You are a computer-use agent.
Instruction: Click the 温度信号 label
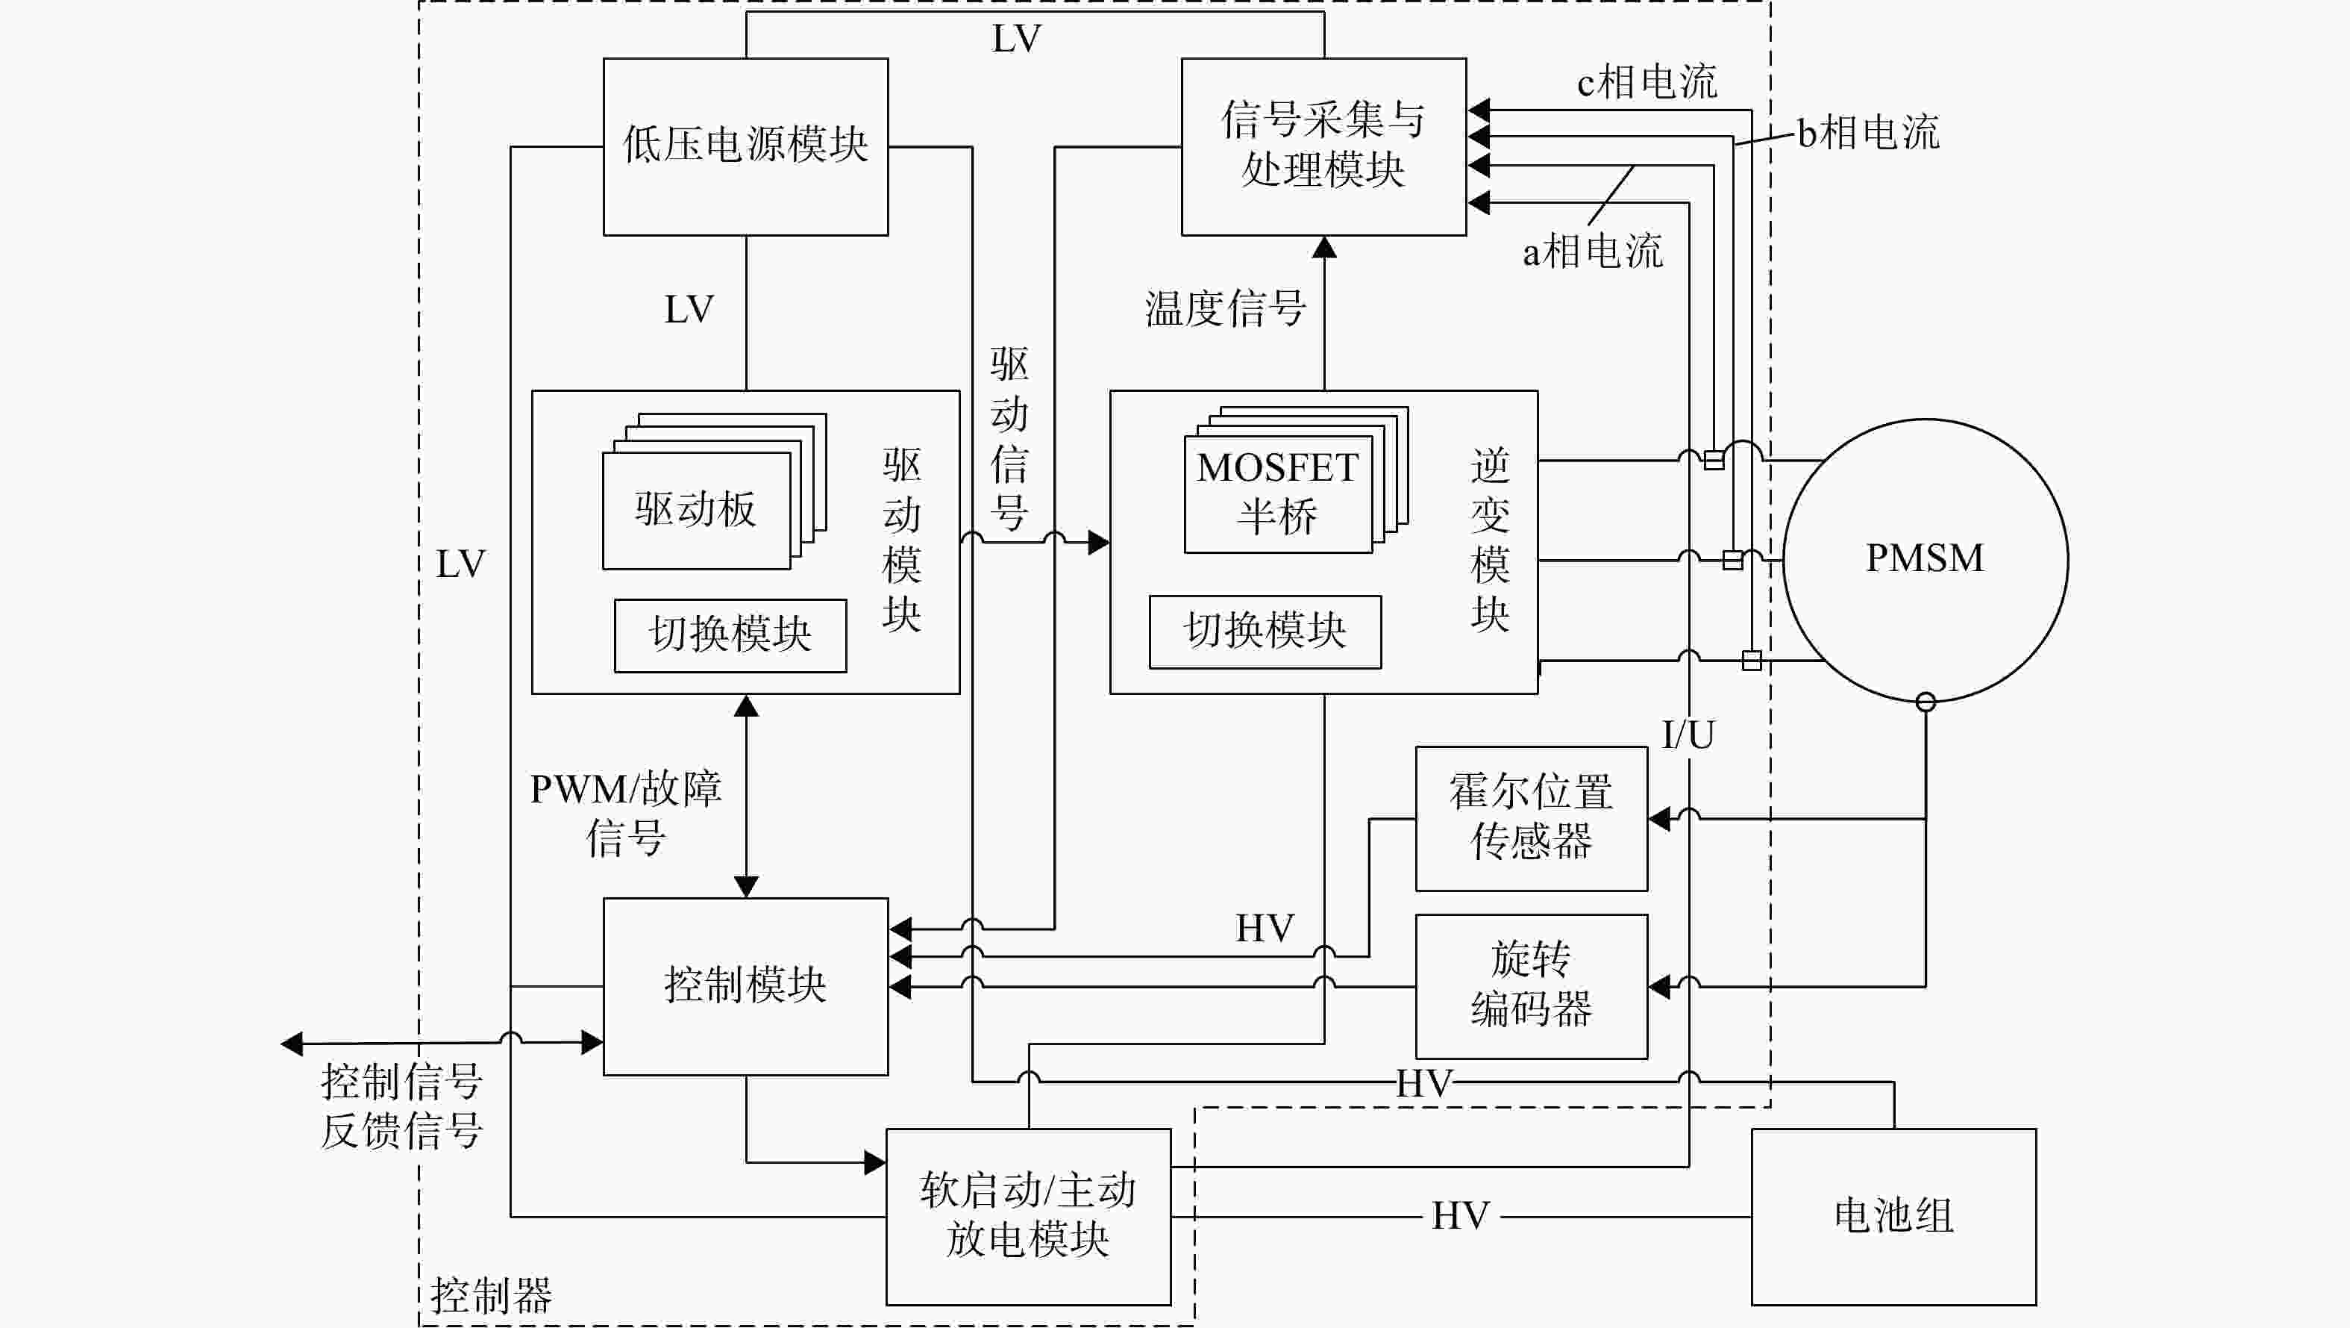(x=1225, y=308)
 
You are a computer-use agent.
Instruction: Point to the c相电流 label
(x=1646, y=82)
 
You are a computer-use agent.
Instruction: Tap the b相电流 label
(x=1868, y=132)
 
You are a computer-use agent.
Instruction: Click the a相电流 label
(x=1593, y=251)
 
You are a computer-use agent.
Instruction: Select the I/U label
(x=1688, y=735)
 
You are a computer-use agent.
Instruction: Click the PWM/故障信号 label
(x=626, y=813)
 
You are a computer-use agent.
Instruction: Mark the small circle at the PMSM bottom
(x=1926, y=702)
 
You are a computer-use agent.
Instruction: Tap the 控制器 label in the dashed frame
(x=491, y=1295)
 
